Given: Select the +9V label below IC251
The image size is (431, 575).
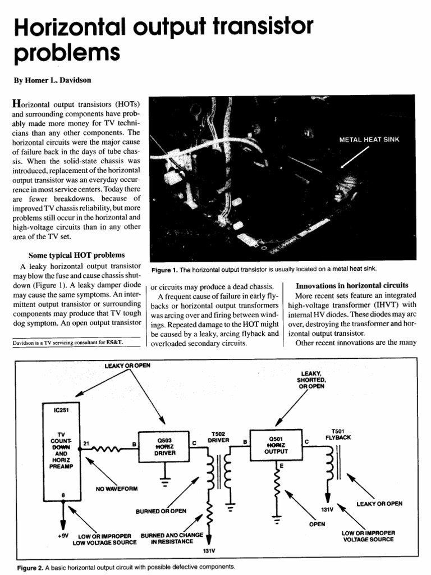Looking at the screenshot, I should pyautogui.click(x=63, y=536).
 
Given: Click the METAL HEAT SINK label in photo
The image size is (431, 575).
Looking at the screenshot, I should pyautogui.click(x=369, y=140).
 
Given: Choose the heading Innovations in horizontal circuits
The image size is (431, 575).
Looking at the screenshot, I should pyautogui.click(x=352, y=285).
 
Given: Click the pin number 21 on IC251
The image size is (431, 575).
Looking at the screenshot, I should pyautogui.click(x=86, y=443).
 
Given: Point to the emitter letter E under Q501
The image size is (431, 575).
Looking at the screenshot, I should pyautogui.click(x=281, y=466).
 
